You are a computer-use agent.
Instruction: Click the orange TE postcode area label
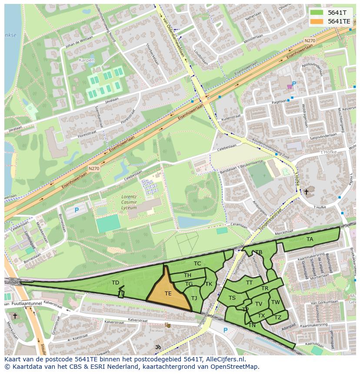tap(168, 294)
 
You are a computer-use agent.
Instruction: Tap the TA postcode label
tap(310, 239)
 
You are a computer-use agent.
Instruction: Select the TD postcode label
tap(115, 283)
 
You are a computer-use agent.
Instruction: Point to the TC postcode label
tap(197, 264)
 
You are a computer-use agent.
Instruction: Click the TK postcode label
tap(209, 284)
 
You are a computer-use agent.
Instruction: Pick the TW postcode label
tap(275, 302)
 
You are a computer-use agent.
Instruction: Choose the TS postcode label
tap(232, 298)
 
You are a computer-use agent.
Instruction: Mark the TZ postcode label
tap(278, 318)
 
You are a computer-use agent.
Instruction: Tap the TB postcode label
tap(259, 252)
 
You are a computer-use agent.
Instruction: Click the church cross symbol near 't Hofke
tap(306, 192)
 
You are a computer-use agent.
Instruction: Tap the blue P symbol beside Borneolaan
tap(77, 210)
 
